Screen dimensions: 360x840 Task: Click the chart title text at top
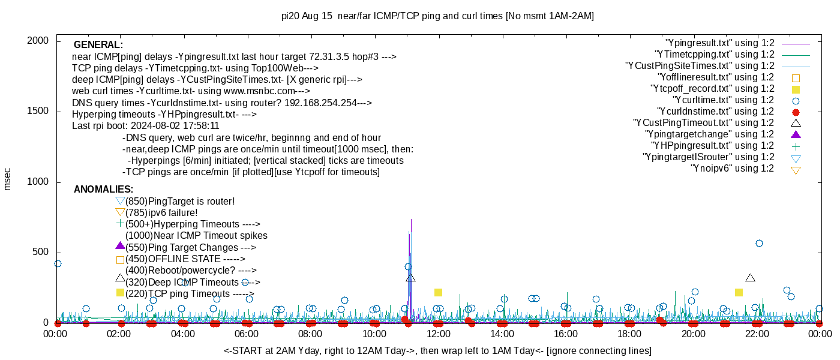[x=437, y=16]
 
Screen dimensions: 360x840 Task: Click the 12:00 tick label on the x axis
[x=438, y=334]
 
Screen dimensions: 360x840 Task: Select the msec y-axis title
[x=8, y=179]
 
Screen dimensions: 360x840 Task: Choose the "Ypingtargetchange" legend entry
[x=709, y=134]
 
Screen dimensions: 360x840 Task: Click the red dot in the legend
[x=796, y=112]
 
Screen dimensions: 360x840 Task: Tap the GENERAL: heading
[x=98, y=45]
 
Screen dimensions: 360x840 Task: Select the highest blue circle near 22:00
[x=759, y=243]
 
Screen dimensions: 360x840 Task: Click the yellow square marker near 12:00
[x=438, y=292]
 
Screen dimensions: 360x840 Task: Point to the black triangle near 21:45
[x=750, y=278]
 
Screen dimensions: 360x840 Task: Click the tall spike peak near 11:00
[x=411, y=220]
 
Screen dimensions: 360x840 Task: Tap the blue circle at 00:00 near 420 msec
[x=58, y=263]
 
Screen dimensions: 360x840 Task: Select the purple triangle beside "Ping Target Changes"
[x=120, y=245]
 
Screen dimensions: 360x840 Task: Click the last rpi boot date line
[x=145, y=126]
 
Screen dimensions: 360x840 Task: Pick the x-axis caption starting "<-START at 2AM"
[x=437, y=350]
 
